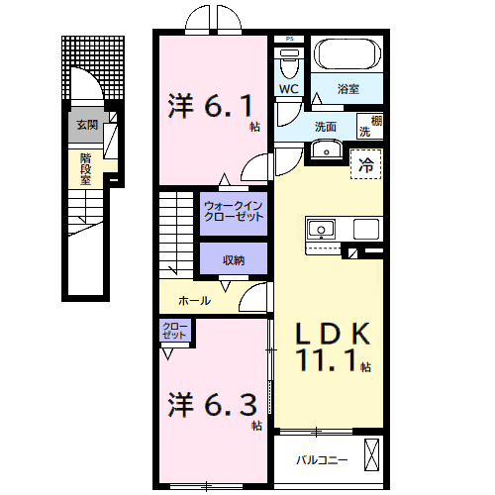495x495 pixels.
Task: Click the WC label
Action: click(x=289, y=89)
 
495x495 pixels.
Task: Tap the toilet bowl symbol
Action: click(x=289, y=63)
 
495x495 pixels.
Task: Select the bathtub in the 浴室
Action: click(x=347, y=54)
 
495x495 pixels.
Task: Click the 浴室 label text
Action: click(x=348, y=89)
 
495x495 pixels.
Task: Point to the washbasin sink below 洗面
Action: click(x=327, y=149)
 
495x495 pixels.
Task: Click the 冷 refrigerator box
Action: click(x=366, y=164)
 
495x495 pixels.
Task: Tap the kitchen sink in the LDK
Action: click(x=321, y=229)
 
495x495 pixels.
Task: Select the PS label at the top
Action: click(x=289, y=39)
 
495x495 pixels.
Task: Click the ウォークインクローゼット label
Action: click(x=234, y=211)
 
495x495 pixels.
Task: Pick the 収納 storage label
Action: click(x=234, y=260)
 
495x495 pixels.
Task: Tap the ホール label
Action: click(x=194, y=301)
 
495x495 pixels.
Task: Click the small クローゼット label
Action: click(x=174, y=331)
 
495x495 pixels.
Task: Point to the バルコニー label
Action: click(x=322, y=459)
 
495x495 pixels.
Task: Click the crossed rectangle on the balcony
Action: click(x=372, y=454)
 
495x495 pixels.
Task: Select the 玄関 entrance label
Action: click(x=87, y=125)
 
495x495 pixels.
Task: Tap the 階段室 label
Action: click(x=85, y=168)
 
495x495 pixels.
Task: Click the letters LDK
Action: click(x=333, y=334)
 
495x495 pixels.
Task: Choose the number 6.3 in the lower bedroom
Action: click(x=231, y=405)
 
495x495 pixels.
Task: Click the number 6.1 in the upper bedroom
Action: click(x=229, y=106)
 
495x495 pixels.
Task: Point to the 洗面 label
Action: click(x=326, y=127)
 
